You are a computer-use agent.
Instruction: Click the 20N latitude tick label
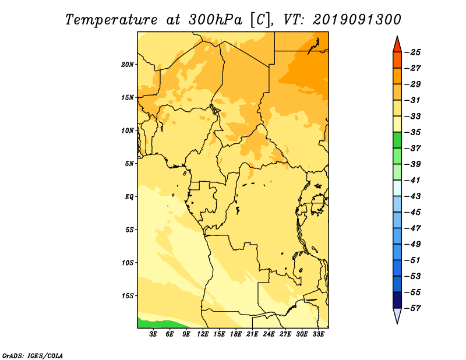tap(127, 65)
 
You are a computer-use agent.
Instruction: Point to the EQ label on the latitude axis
tap(129, 197)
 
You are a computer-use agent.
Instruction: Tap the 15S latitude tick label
tap(127, 296)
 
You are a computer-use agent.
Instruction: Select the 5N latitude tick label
tap(129, 164)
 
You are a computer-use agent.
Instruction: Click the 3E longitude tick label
tap(153, 334)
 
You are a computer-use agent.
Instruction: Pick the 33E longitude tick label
tap(318, 334)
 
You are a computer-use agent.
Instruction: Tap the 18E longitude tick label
tap(236, 334)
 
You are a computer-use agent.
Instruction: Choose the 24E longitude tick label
tap(269, 334)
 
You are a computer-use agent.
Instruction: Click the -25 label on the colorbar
tap(413, 52)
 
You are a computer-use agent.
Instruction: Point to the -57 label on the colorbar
tap(413, 308)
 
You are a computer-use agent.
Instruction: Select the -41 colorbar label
tap(413, 180)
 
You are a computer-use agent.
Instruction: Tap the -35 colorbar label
tap(413, 132)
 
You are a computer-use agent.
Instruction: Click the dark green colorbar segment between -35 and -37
tap(397, 140)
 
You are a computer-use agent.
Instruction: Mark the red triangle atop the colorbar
tap(397, 45)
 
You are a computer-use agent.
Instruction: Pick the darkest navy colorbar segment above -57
tap(397, 300)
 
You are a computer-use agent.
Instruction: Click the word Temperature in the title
tap(111, 20)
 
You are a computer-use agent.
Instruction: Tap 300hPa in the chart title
tap(215, 20)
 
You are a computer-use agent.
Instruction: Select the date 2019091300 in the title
tap(357, 20)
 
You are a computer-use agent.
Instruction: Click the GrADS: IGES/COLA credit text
tap(33, 356)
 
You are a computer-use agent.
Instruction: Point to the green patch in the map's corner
tap(154, 324)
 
